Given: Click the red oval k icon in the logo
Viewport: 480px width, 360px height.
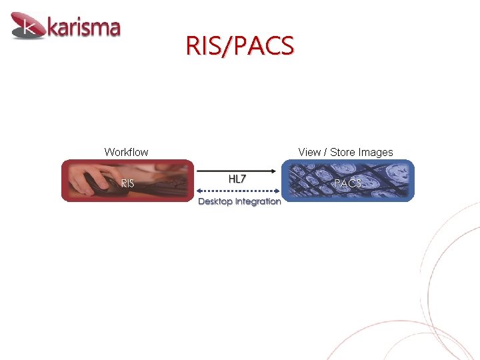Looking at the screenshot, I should click(x=28, y=27).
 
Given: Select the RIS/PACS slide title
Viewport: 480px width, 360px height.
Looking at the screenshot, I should click(x=239, y=46).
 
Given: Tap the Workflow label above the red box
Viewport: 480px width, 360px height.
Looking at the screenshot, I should click(x=126, y=152).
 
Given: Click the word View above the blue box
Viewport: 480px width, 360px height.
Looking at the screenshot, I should click(x=309, y=152).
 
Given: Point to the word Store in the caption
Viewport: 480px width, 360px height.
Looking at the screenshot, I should click(x=343, y=152).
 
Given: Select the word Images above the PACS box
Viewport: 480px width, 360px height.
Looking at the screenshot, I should click(x=376, y=152).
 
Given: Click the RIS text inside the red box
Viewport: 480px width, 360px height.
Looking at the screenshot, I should click(x=127, y=183).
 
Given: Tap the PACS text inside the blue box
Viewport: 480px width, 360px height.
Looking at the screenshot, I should click(x=347, y=183).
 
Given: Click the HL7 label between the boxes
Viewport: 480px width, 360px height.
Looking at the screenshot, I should click(x=237, y=179).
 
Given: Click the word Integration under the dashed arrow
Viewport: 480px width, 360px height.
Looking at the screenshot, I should click(x=259, y=201).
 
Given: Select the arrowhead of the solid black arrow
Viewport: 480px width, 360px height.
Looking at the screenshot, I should click(x=273, y=170).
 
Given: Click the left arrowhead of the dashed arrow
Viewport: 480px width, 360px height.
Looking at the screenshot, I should click(x=199, y=191).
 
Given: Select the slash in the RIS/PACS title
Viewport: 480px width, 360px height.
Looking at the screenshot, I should click(x=231, y=46).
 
